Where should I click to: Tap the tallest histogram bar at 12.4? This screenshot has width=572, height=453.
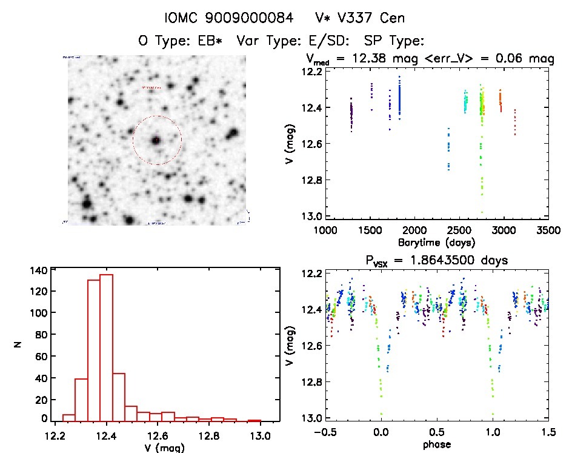pos(106,346)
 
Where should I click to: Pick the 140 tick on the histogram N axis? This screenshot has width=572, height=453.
pos(38,270)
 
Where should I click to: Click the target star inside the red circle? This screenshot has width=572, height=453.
pos(156,140)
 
